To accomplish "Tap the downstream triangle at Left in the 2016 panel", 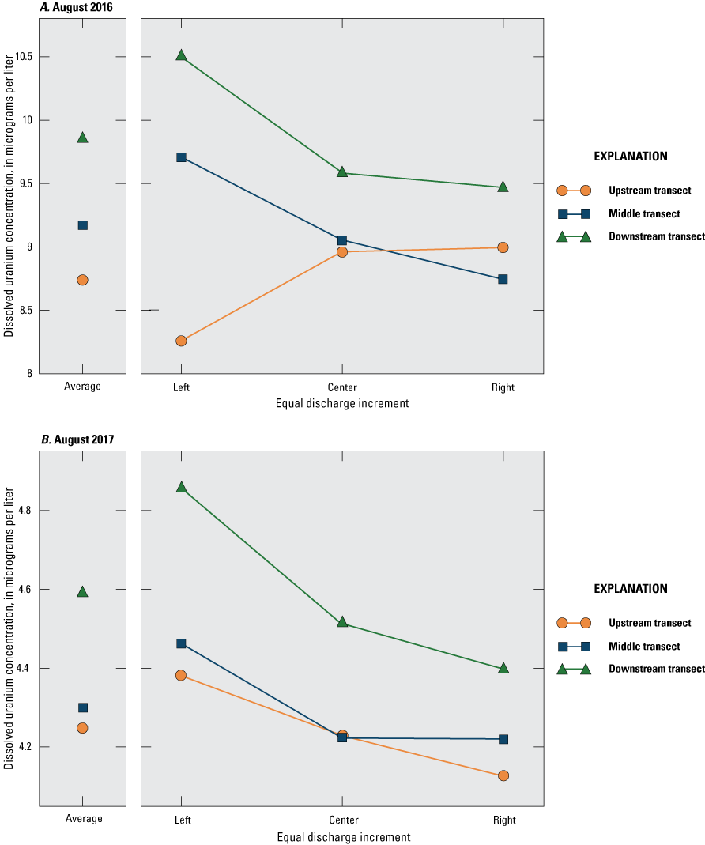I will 181,55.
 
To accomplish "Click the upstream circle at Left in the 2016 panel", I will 181,341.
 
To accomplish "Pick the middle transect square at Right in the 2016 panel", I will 503,279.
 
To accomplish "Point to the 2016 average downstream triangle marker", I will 83,138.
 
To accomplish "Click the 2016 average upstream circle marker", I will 83,280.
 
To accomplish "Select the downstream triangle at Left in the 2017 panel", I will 181,487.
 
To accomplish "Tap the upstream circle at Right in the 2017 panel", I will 503,775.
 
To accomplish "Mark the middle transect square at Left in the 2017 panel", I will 181,643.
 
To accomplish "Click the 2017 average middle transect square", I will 83,707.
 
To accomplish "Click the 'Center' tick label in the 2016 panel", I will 341,387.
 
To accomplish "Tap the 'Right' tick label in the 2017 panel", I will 503,820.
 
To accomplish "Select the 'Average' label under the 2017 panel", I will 83,820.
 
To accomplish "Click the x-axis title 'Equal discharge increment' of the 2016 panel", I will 342,404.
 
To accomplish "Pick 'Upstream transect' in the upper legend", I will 650,191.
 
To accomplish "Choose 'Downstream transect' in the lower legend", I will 656,669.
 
